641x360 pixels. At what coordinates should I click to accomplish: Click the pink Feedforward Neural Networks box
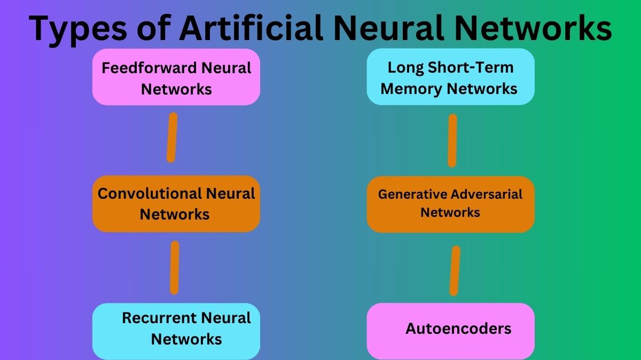(x=176, y=77)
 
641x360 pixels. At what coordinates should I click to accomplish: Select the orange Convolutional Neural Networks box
(x=176, y=204)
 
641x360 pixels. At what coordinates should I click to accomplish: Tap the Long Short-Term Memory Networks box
(x=450, y=77)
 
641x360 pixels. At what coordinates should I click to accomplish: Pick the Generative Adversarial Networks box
(x=450, y=204)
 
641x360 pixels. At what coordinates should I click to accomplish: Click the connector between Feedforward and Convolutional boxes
(x=171, y=137)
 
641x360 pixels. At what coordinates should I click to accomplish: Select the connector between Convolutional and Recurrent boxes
(x=174, y=267)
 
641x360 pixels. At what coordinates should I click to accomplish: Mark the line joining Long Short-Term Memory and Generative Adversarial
(x=452, y=140)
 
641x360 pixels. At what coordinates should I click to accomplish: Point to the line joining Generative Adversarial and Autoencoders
(x=455, y=270)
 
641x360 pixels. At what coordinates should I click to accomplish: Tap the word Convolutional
(x=141, y=193)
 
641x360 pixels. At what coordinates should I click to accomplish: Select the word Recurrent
(x=155, y=318)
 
